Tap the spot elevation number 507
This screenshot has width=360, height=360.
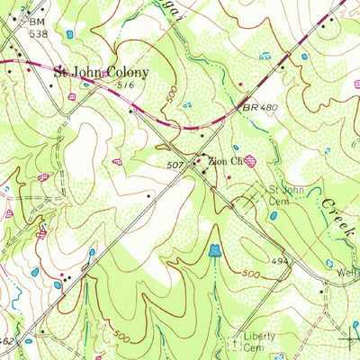coord(176,166)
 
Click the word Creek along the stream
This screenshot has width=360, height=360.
coord(333,216)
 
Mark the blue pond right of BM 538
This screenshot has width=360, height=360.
coord(69,34)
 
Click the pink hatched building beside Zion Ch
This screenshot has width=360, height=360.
coord(249,160)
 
